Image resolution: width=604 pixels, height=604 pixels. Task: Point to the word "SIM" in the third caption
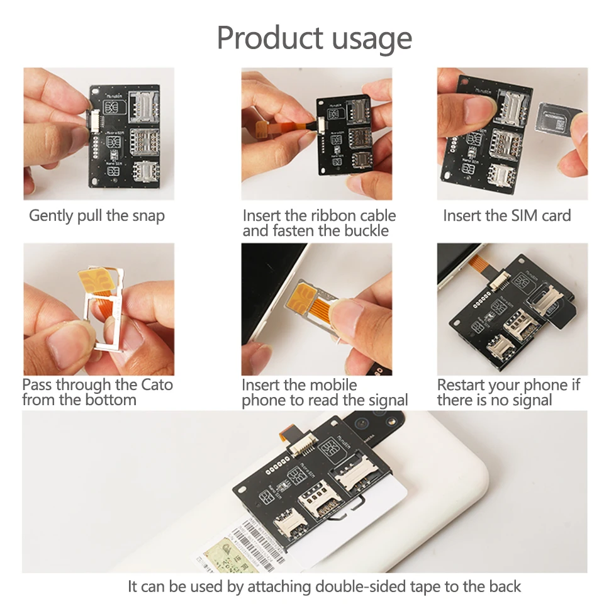509,216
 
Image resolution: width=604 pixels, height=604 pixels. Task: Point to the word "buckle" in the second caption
366,231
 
